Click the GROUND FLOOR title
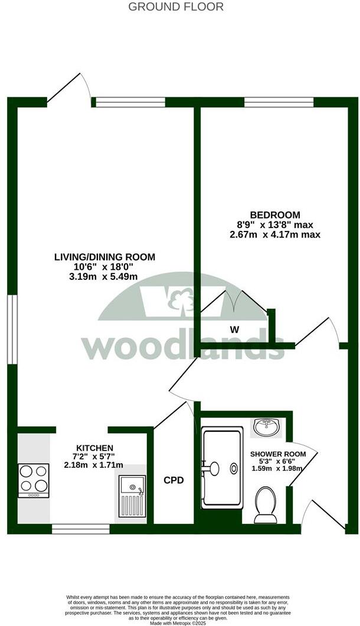176,7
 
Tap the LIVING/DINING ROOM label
105,257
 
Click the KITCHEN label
94,448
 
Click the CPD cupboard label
174,481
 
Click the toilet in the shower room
265,506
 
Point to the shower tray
222,468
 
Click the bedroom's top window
279,102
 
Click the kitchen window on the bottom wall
80,529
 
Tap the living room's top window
130,102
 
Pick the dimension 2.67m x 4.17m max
274,234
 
